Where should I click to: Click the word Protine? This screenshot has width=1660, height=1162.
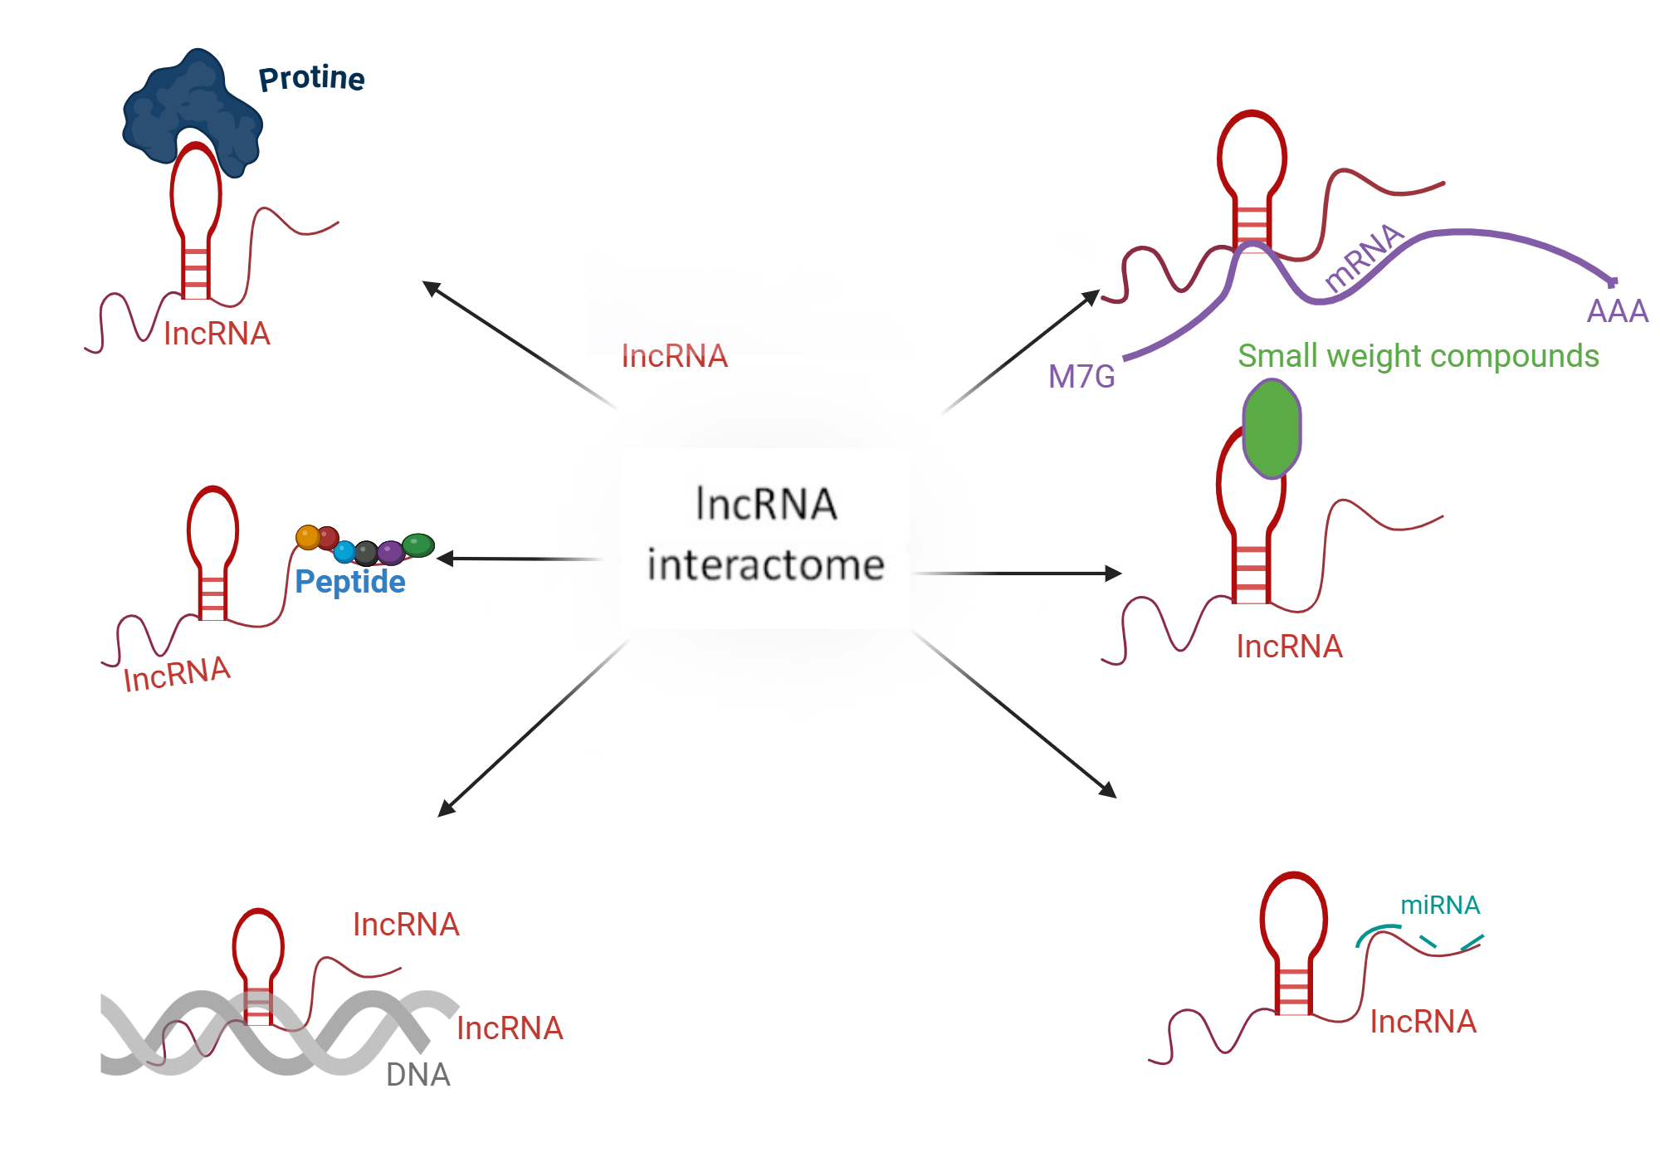click(311, 78)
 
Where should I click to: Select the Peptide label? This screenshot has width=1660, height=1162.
click(350, 582)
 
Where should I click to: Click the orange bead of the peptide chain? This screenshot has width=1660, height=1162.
click(308, 537)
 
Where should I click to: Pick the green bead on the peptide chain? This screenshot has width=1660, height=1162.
click(418, 544)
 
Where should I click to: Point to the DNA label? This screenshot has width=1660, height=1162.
click(417, 1075)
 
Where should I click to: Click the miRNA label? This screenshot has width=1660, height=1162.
click(1440, 905)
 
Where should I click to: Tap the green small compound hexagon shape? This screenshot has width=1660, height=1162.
click(1272, 428)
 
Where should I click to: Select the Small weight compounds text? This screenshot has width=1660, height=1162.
click(1418, 356)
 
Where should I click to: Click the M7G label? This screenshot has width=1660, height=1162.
click(1081, 377)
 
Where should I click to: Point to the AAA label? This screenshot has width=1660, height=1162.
click(1617, 311)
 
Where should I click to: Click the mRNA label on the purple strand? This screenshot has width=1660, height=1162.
click(1363, 257)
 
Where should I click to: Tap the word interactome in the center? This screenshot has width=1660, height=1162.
click(765, 565)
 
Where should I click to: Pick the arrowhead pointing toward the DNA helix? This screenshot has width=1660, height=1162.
click(447, 808)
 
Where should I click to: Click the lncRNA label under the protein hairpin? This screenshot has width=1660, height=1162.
click(217, 334)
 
